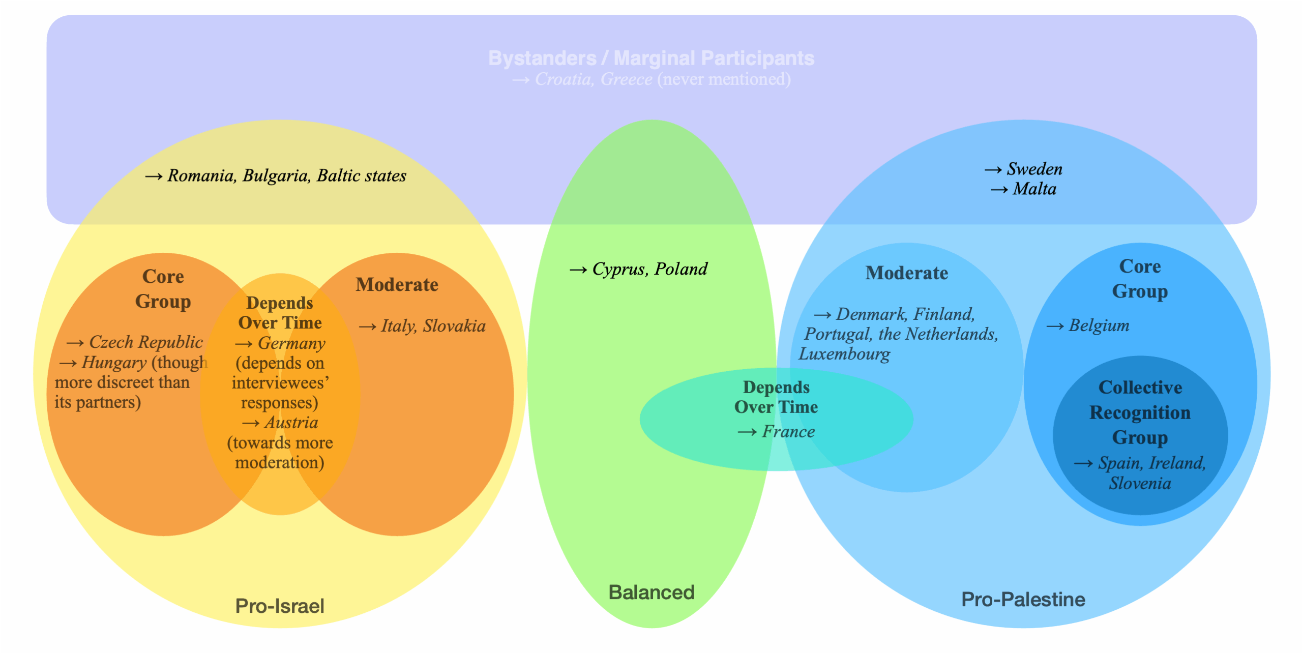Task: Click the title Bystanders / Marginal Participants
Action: point(651,58)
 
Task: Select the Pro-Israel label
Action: point(280,606)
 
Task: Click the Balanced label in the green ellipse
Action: point(652,592)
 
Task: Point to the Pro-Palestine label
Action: point(1023,599)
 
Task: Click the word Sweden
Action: point(1034,169)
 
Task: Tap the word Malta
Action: point(1034,189)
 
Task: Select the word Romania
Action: point(201,175)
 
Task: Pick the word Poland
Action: point(681,269)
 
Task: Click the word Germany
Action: point(291,343)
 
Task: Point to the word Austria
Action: point(291,423)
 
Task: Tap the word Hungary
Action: point(114,363)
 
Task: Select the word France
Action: point(788,432)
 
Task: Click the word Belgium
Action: point(1099,325)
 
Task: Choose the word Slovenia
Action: point(1140,483)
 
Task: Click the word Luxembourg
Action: point(844,354)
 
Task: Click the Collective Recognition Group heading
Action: point(1140,412)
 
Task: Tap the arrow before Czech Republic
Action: point(75,343)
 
